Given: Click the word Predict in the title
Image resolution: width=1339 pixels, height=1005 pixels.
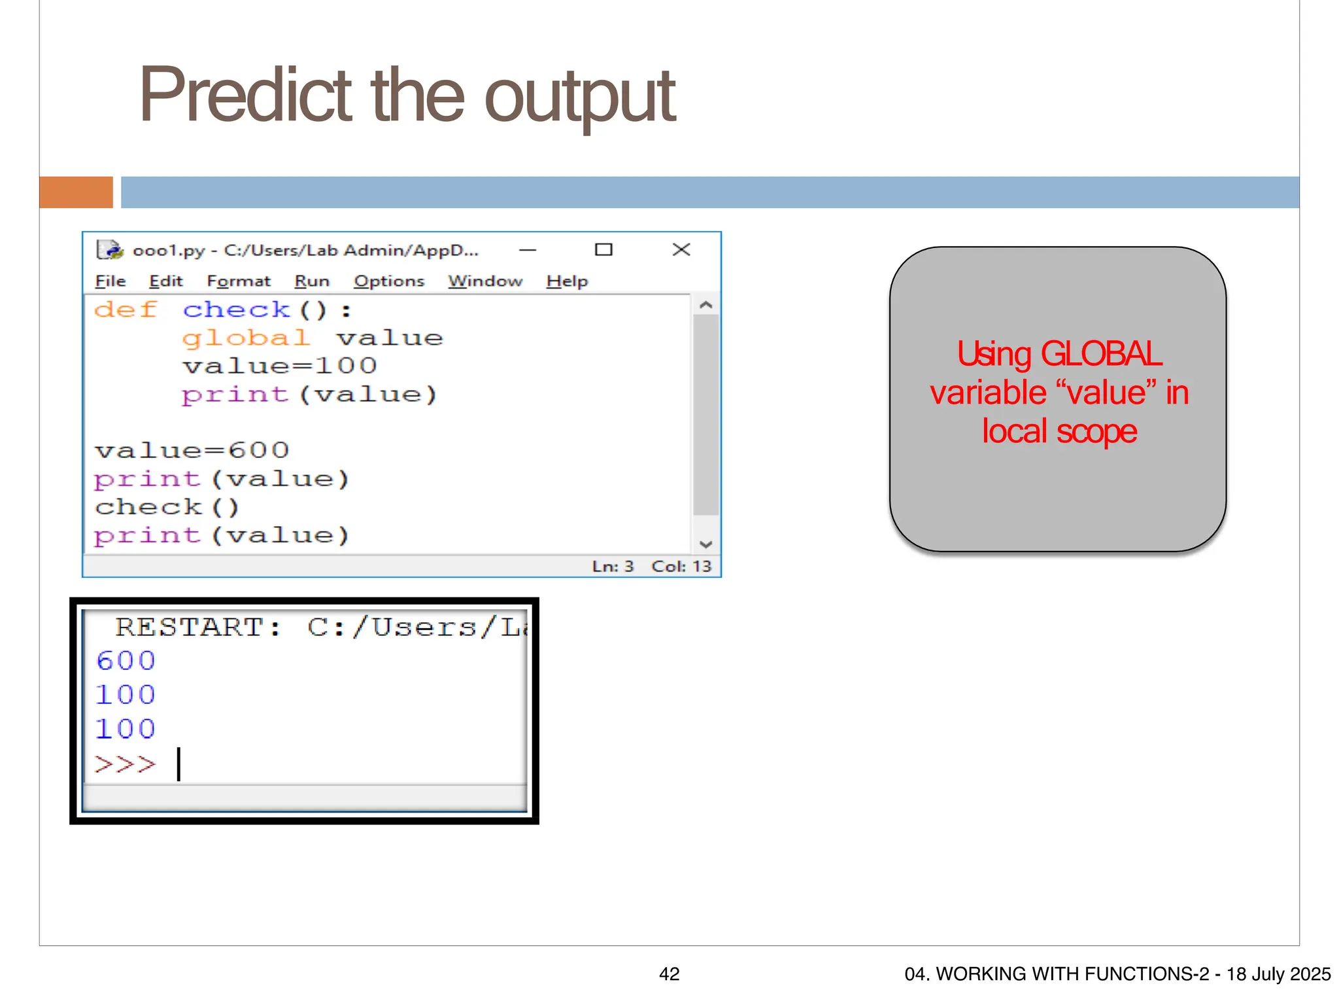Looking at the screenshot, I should (x=246, y=96).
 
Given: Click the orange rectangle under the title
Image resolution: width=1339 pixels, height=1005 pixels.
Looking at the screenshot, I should (x=76, y=192).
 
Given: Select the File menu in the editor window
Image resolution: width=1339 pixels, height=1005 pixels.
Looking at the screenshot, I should (x=110, y=281).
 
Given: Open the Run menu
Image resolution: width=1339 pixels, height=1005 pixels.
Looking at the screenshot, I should (x=311, y=281).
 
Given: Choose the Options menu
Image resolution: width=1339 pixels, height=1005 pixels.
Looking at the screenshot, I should (x=389, y=281).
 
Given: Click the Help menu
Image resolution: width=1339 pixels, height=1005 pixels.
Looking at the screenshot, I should (x=567, y=281).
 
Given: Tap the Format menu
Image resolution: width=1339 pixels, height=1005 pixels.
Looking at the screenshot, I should (x=238, y=281).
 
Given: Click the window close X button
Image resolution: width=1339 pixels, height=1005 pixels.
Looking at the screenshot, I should (x=681, y=250).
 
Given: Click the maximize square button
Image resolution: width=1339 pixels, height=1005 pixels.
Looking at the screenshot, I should (x=603, y=250).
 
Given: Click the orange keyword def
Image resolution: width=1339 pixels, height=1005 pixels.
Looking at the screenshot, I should (x=126, y=309).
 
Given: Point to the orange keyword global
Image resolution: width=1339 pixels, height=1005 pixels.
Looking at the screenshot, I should (x=245, y=338).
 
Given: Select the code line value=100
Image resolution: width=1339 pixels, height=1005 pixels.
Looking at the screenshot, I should (x=280, y=366).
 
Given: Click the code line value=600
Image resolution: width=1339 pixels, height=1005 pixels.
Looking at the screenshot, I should (x=192, y=450).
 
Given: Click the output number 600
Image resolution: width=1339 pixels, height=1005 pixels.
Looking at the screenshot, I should (x=126, y=661).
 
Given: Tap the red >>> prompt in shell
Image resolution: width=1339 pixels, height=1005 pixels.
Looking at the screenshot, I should (x=125, y=764).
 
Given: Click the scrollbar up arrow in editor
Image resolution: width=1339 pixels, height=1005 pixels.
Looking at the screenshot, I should (x=705, y=305).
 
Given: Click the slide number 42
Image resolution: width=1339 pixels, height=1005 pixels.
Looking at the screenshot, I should (x=669, y=974).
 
